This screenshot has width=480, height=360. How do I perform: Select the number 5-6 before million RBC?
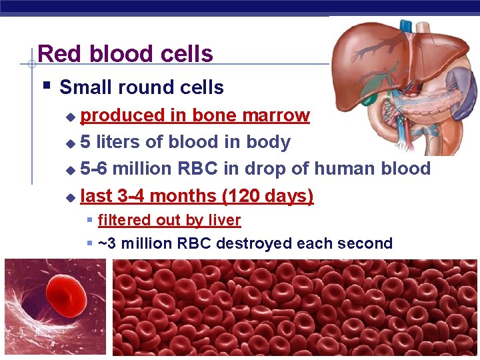coord(94,169)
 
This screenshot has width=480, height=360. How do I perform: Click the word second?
coord(370,243)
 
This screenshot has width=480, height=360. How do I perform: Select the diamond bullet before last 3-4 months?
coord(71,197)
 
